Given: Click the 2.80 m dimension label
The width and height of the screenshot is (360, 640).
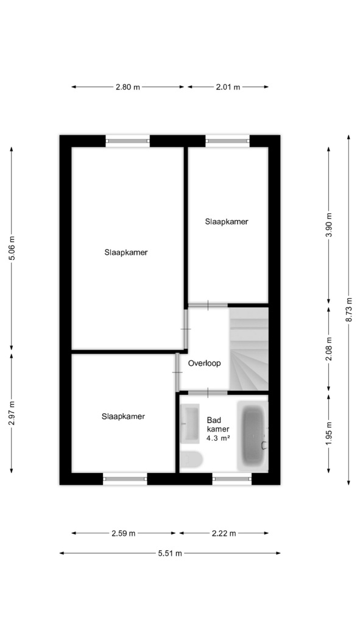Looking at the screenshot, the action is click(x=128, y=87).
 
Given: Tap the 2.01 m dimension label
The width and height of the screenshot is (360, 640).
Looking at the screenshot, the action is click(x=228, y=87).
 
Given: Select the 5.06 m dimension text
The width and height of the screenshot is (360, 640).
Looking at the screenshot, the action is click(x=12, y=248).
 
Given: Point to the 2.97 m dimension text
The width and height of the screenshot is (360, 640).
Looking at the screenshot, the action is click(x=12, y=413).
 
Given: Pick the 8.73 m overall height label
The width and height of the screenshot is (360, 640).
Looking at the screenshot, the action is click(x=348, y=310).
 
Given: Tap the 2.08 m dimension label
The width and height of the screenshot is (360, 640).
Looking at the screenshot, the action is click(x=329, y=349).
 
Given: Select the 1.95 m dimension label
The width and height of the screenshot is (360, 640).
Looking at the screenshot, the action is click(x=329, y=433).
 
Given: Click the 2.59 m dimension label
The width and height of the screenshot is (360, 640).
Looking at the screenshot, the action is click(x=124, y=533).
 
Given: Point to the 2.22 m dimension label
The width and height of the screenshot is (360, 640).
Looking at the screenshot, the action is click(x=224, y=533).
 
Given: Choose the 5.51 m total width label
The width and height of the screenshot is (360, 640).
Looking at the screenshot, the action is click(x=170, y=553).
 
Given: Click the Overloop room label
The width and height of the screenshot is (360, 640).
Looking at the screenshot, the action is click(x=204, y=363).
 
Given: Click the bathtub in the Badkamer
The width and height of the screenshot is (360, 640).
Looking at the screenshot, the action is click(x=253, y=436).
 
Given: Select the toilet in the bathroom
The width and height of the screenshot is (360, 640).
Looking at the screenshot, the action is click(x=191, y=459).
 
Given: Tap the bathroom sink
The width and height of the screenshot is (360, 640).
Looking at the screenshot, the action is click(x=189, y=424).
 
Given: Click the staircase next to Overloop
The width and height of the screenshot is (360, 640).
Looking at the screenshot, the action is click(x=249, y=349).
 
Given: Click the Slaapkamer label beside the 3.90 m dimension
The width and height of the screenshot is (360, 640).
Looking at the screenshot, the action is click(x=227, y=222).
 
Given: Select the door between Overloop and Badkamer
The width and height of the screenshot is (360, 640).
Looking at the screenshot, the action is click(x=208, y=393).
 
